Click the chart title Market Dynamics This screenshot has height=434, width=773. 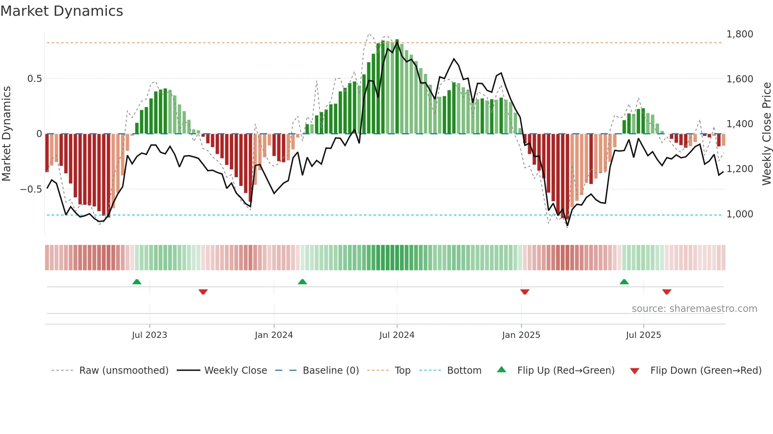pos(62,11)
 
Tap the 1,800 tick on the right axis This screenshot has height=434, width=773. pos(739,34)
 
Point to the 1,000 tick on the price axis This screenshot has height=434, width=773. pos(739,214)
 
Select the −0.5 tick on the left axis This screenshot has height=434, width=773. pos(31,189)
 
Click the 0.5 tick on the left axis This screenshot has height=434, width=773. pos(34,79)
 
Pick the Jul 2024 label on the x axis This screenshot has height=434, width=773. pos(397,335)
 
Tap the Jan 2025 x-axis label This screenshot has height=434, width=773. pos(521,335)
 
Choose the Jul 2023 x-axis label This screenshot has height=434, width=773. pos(149,335)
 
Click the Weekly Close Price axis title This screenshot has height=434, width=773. pos(766,134)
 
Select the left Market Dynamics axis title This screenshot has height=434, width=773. pos(6,134)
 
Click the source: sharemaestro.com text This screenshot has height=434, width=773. pos(694,309)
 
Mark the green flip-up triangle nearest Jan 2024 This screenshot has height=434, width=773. pos(302,282)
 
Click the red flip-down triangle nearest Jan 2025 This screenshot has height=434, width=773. pos(525,292)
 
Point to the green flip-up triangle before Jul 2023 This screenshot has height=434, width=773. pos(137,282)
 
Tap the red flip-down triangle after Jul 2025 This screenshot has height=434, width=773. pos(667,292)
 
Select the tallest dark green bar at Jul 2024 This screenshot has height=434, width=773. pos(397,87)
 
